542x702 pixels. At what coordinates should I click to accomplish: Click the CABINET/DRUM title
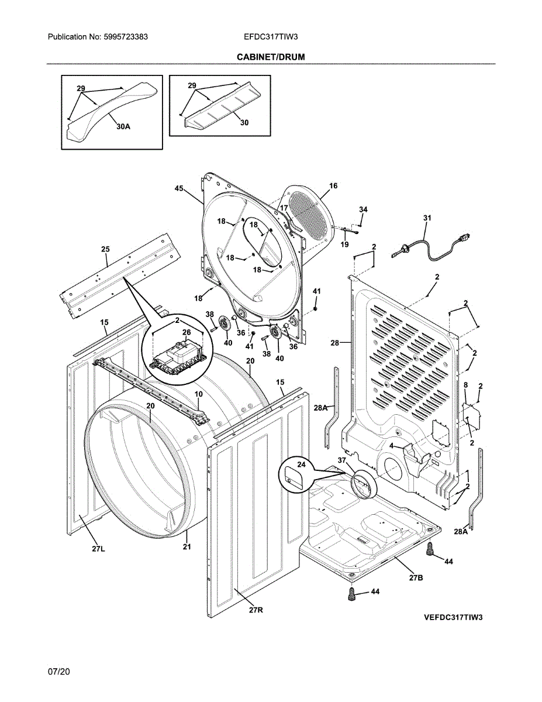pyautogui.click(x=271, y=57)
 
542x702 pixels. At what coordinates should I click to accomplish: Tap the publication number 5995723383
pyautogui.click(x=126, y=37)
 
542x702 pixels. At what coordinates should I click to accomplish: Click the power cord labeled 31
pyautogui.click(x=431, y=247)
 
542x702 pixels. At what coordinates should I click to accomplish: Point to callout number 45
pyautogui.click(x=179, y=188)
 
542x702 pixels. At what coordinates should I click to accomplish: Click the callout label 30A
pyautogui.click(x=123, y=127)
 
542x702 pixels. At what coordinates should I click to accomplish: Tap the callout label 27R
pyautogui.click(x=256, y=610)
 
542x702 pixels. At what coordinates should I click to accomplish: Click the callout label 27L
pyautogui.click(x=98, y=549)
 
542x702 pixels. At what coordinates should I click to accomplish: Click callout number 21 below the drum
pyautogui.click(x=187, y=546)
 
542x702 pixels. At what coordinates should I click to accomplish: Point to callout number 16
pyautogui.click(x=333, y=186)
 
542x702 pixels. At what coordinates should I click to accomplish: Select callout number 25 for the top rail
pyautogui.click(x=105, y=249)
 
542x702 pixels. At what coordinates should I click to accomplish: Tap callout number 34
pyautogui.click(x=363, y=209)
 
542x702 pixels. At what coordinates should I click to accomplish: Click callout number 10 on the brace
pyautogui.click(x=199, y=394)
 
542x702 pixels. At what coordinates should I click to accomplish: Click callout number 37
pyautogui.click(x=342, y=460)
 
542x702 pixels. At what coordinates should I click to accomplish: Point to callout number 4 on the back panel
pyautogui.click(x=392, y=446)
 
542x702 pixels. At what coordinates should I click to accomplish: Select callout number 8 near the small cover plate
pyautogui.click(x=465, y=385)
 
